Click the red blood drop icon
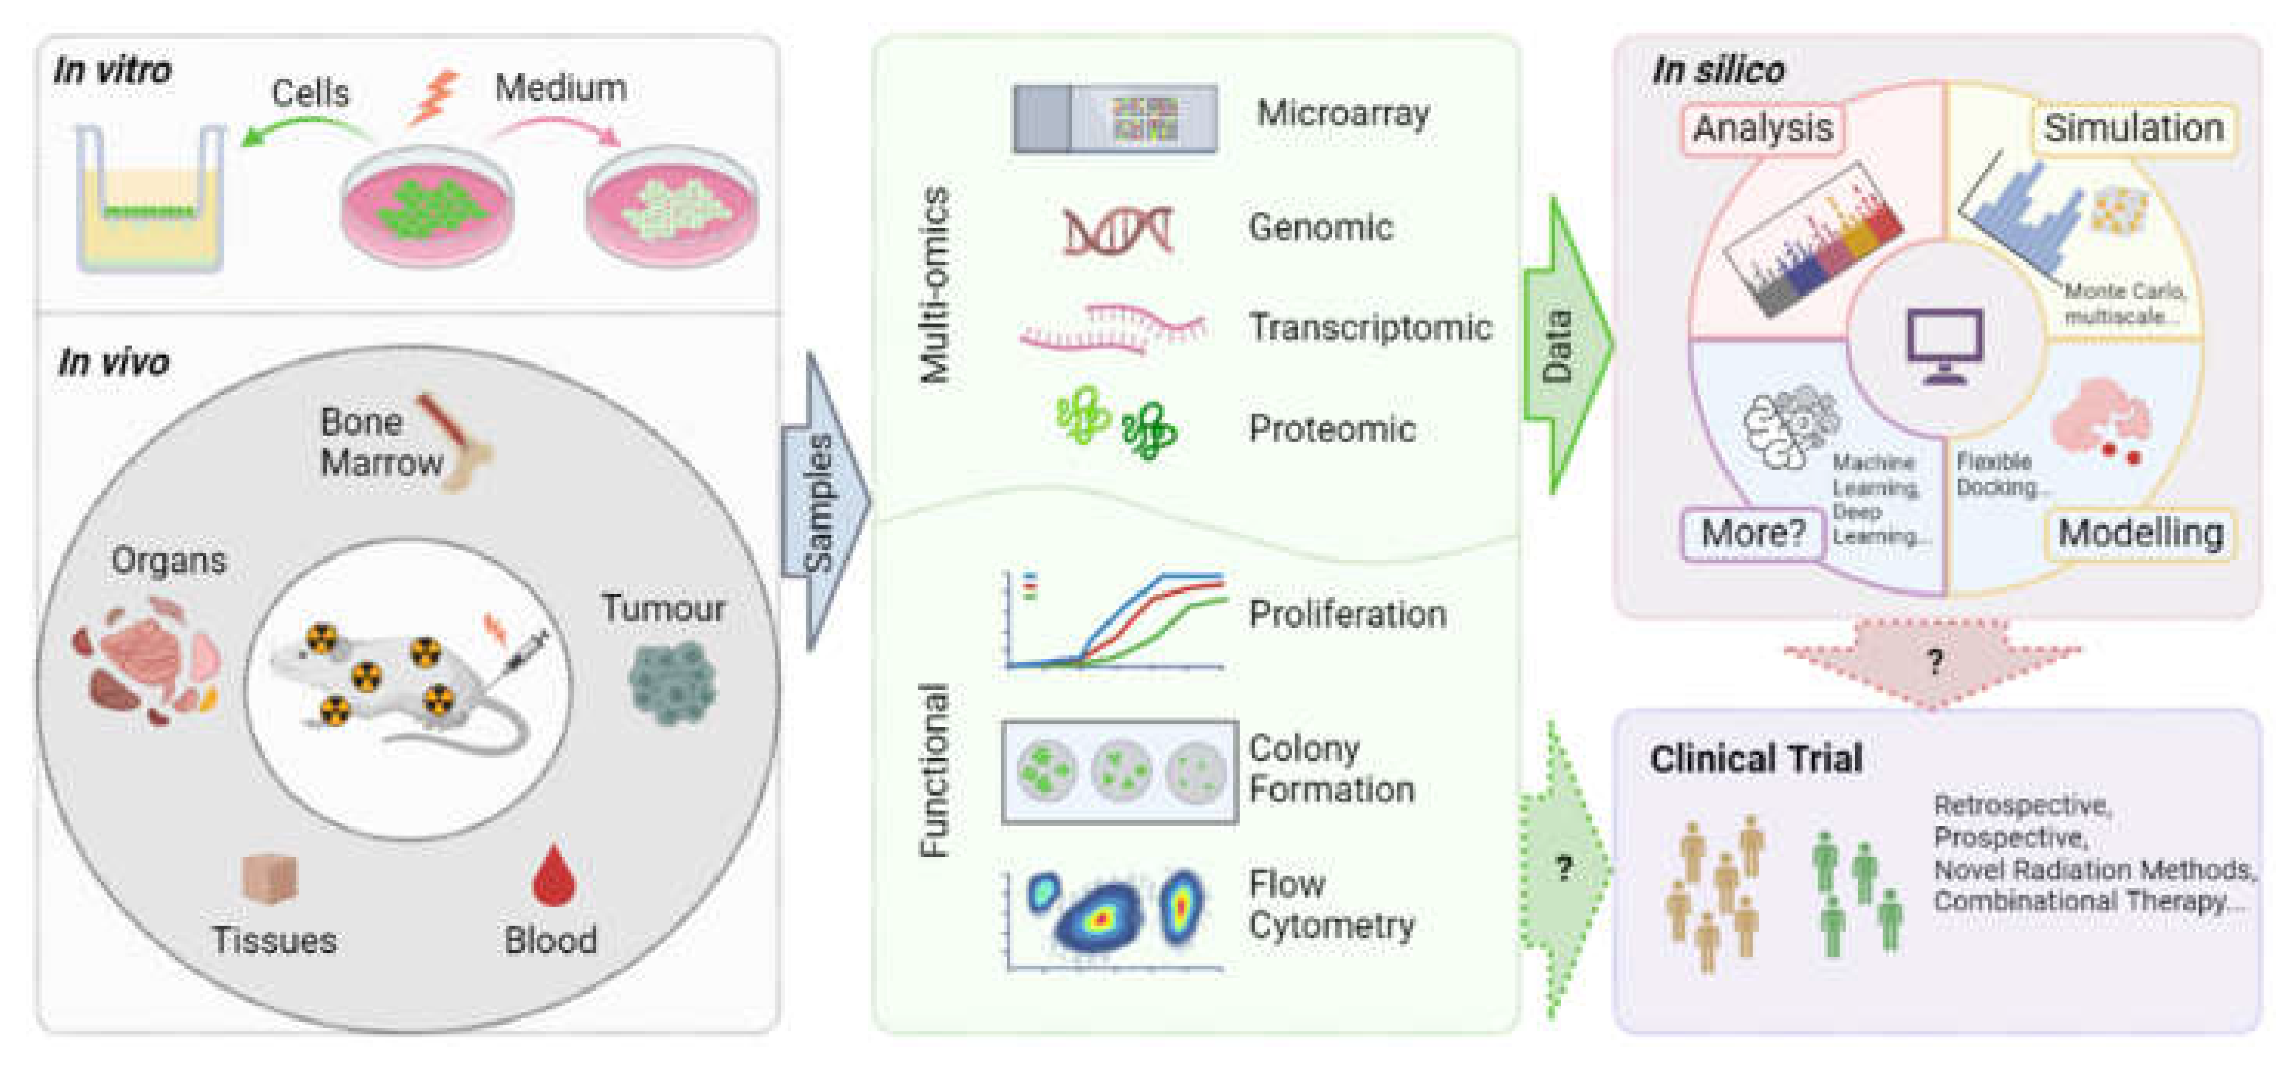coord(552,876)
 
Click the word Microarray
coord(1343,114)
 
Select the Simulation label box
coord(2132,129)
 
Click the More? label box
coord(1752,534)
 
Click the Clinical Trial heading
coord(1755,758)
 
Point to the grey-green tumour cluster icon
coord(672,680)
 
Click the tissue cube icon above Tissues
coord(268,879)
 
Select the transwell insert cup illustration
coord(149,200)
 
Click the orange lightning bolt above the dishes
coord(436,96)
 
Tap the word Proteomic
coord(1331,429)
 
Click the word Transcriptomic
coord(1369,328)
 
